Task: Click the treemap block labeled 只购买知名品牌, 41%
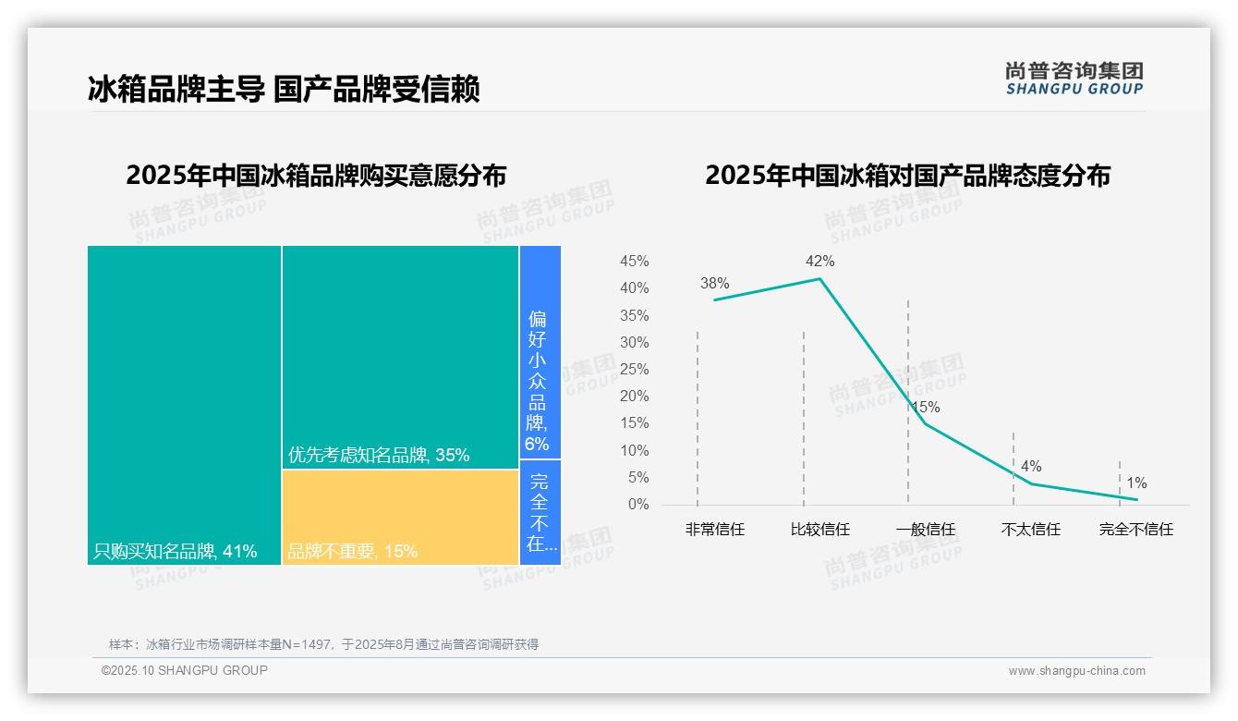184,404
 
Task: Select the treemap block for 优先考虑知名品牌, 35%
400,357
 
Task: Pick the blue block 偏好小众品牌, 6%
540,352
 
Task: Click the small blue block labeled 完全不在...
540,512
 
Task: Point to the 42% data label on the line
819,262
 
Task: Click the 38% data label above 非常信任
714,284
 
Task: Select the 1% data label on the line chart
1136,483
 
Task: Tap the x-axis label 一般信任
926,530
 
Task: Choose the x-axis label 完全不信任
1135,530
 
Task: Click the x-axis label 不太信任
1031,530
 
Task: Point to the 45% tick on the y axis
634,262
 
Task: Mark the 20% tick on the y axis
634,397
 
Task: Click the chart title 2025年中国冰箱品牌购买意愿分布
316,176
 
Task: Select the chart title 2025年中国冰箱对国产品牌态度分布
907,176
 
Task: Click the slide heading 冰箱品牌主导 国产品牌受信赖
284,90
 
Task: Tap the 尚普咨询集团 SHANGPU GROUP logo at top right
1074,79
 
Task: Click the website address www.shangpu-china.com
1076,671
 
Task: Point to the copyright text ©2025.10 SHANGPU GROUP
185,670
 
